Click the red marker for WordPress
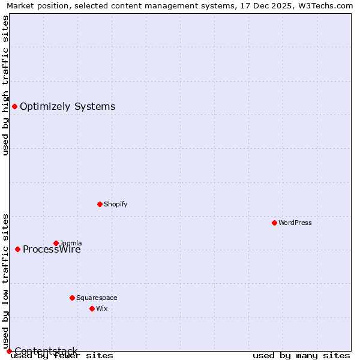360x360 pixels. pyautogui.click(x=274, y=223)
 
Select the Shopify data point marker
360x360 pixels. pyautogui.click(x=100, y=204)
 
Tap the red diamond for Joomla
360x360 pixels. pyautogui.click(x=56, y=243)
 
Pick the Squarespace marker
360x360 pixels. pyautogui.click(x=72, y=298)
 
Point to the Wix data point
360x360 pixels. pyautogui.click(x=92, y=308)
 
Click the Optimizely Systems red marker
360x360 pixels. pyautogui.click(x=14, y=106)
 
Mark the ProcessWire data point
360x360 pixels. pyautogui.click(x=17, y=249)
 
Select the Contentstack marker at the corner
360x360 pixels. pyautogui.click(x=9, y=351)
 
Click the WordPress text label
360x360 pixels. pyautogui.click(x=295, y=223)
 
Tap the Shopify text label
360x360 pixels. pyautogui.click(x=116, y=204)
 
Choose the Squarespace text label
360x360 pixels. pyautogui.click(x=97, y=298)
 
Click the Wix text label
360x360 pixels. pyautogui.click(x=102, y=308)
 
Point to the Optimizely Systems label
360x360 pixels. pyautogui.click(x=68, y=107)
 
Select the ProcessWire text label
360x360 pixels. pyautogui.click(x=52, y=250)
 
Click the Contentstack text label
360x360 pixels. pyautogui.click(x=46, y=351)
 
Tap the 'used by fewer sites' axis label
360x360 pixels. pyautogui.click(x=62, y=356)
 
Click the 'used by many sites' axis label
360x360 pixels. pyautogui.click(x=301, y=356)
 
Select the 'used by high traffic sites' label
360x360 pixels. pyautogui.click(x=6, y=85)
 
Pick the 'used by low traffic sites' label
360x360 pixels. pyautogui.click(x=6, y=281)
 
